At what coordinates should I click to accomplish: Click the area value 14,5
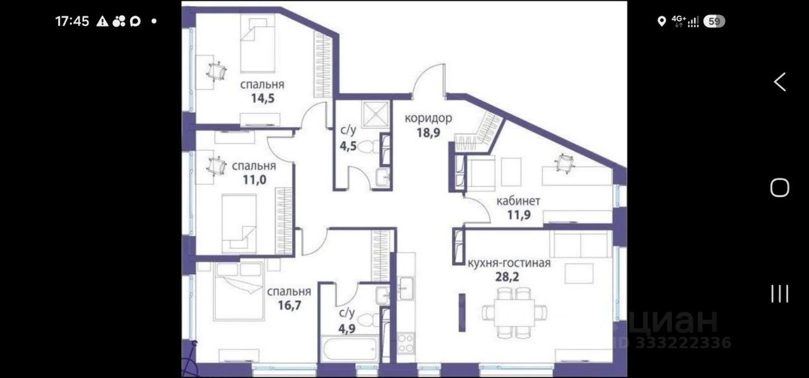[x=263, y=98]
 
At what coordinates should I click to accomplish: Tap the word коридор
[x=429, y=118]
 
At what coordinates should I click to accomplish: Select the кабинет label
[x=518, y=201]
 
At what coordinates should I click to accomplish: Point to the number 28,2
[x=507, y=277]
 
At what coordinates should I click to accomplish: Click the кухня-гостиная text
[x=509, y=263]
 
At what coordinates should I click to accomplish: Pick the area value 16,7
[x=289, y=305]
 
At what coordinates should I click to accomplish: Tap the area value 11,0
[x=255, y=180]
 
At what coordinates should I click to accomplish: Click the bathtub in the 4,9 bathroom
[x=350, y=349]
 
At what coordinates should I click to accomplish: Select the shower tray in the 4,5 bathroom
[x=376, y=114]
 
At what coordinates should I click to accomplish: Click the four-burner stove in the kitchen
[x=406, y=343]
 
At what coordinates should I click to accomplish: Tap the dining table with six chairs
[x=514, y=313]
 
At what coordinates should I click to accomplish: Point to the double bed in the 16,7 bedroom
[x=239, y=291]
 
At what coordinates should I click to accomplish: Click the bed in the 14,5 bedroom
[x=257, y=44]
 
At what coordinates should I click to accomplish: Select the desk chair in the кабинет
[x=564, y=163]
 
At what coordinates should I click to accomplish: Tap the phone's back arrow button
[x=780, y=82]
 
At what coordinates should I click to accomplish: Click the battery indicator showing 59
[x=714, y=22]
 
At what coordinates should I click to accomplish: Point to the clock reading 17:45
[x=72, y=22]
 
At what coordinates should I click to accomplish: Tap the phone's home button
[x=780, y=187]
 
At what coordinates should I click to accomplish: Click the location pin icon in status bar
[x=662, y=22]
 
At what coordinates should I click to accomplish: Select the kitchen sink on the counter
[x=406, y=288]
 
